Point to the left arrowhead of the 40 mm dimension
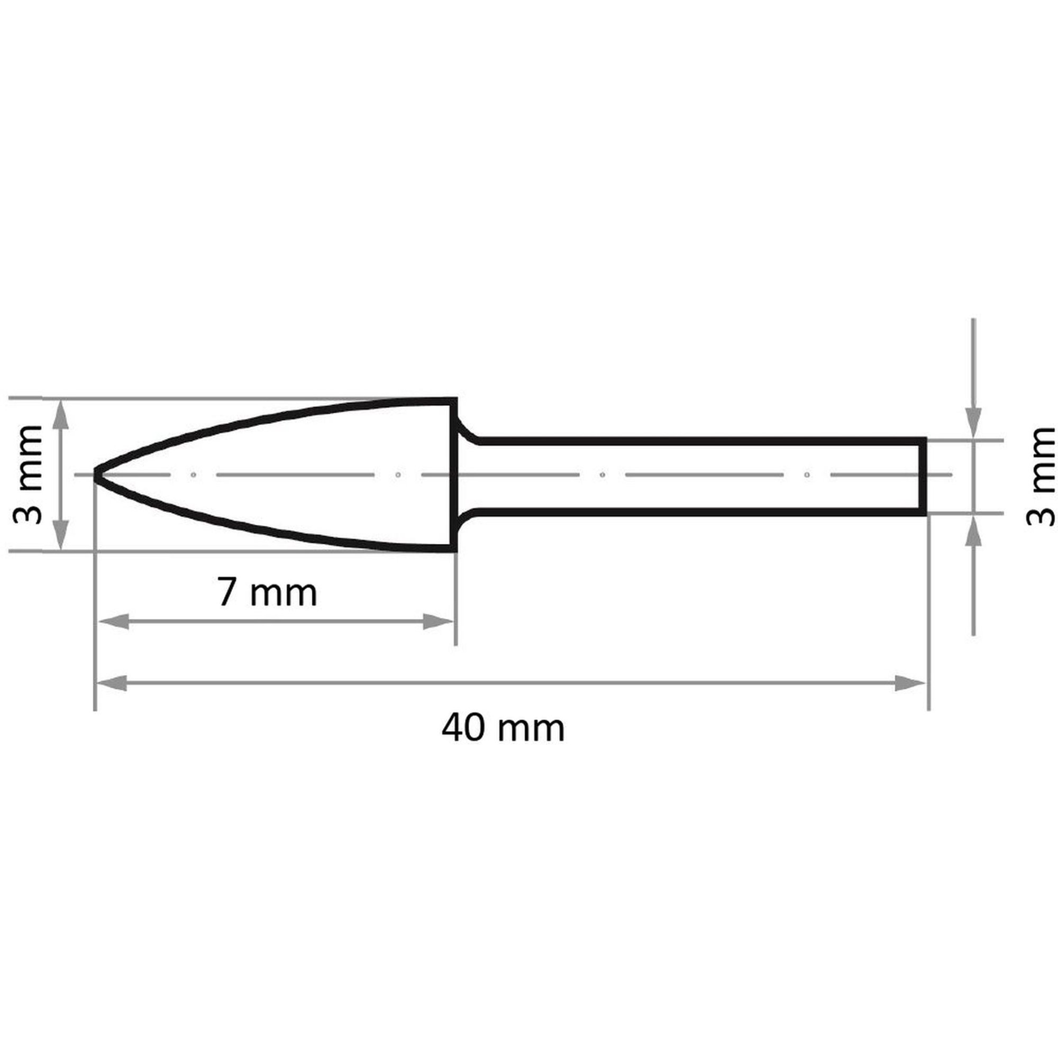click(x=111, y=683)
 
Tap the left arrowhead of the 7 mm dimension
click(x=113, y=622)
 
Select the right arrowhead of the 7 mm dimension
click(x=439, y=622)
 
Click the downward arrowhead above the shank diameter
click(x=973, y=423)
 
